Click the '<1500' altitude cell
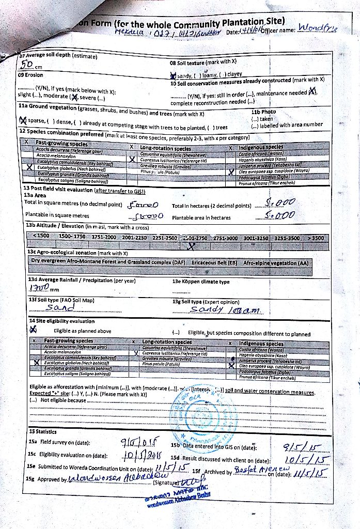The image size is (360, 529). (41, 237)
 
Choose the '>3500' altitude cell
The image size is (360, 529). (315, 238)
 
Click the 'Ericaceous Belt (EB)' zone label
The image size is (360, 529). (214, 262)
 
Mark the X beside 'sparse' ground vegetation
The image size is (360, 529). (22, 121)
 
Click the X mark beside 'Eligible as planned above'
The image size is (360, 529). (34, 329)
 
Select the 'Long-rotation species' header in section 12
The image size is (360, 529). (165, 148)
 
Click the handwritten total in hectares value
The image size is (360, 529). (279, 203)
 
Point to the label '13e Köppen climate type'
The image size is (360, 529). (201, 282)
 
